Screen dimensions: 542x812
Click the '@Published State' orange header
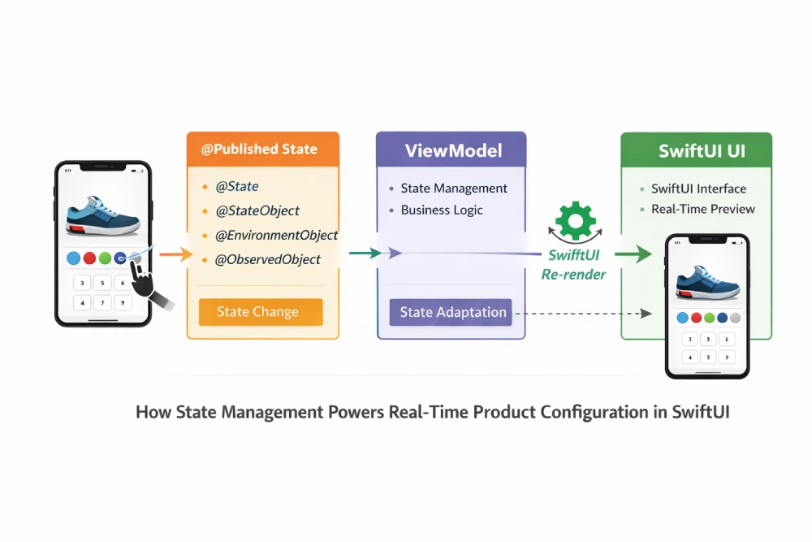263,150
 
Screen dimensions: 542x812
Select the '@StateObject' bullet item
257,210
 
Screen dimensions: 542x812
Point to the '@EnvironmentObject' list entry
275,235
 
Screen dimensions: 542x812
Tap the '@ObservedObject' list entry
267,259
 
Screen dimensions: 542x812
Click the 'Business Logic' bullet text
442,210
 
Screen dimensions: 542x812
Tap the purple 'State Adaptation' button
451,312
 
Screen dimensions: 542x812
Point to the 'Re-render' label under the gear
573,275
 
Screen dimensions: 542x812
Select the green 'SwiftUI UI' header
696,150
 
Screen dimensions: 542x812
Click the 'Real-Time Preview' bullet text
702,209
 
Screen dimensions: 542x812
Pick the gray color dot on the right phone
736,318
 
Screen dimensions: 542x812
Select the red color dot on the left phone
89,258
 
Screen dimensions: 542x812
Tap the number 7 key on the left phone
102,303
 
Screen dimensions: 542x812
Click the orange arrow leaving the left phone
171,255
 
